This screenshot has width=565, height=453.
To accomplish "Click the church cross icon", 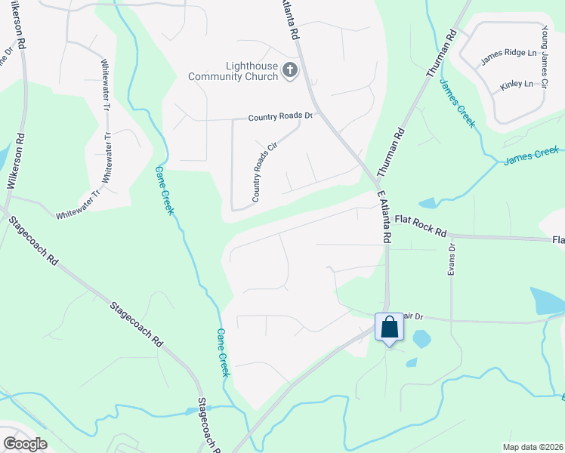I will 289,71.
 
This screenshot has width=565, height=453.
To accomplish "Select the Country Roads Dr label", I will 280,117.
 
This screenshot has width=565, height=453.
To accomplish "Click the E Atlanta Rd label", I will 383,216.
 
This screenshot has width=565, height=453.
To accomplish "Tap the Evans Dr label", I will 452,258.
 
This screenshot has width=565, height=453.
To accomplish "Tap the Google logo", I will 25,444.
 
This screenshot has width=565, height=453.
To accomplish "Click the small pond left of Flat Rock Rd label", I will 428,203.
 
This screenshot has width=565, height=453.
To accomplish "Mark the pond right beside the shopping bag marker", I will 421,339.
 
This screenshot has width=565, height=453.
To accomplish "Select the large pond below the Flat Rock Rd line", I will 547,300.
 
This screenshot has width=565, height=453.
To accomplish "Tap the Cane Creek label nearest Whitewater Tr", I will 164,191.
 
